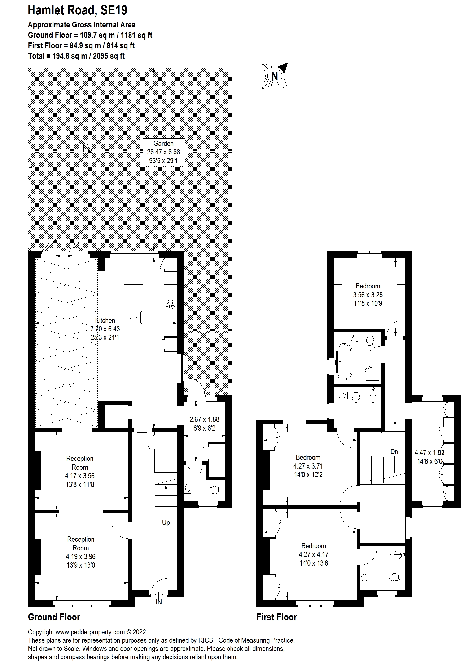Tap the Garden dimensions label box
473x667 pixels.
(163, 152)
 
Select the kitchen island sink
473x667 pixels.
(136, 318)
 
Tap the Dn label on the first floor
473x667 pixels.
(394, 452)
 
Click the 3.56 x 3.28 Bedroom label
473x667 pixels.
(368, 295)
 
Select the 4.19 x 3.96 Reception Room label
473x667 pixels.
(81, 552)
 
